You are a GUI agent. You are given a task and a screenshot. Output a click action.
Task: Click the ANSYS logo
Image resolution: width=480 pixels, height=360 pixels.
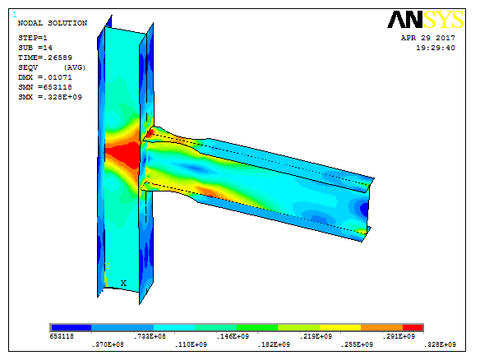click(x=426, y=20)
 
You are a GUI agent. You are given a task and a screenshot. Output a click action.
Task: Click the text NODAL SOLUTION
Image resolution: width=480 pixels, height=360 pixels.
click(x=53, y=23)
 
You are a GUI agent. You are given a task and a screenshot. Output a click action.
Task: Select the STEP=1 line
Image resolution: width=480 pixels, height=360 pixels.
click(x=33, y=38)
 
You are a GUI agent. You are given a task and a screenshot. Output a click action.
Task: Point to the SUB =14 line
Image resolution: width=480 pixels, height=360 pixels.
click(x=35, y=48)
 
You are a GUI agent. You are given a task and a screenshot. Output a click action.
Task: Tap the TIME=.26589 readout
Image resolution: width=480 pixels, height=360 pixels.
click(x=45, y=58)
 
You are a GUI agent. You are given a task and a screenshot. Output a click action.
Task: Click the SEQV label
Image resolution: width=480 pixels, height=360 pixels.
click(x=28, y=67)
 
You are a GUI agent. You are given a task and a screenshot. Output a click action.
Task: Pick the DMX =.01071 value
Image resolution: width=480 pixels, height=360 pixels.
click(x=45, y=77)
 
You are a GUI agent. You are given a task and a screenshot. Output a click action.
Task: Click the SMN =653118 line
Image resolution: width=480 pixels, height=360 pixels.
click(x=45, y=87)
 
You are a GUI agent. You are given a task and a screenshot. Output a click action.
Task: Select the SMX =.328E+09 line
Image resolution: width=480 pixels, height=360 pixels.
click(x=50, y=97)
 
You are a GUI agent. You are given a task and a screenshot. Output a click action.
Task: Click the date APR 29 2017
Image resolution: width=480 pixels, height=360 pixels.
click(x=428, y=38)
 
